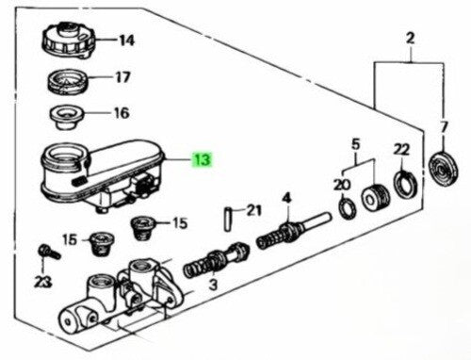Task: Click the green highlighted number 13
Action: coord(203,159)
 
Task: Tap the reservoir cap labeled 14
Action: coord(68,40)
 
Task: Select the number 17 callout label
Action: coord(122,77)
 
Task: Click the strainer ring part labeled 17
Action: coord(68,81)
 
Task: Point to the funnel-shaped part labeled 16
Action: coord(68,118)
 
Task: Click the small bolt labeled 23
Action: coord(49,252)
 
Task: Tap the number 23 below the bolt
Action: coord(42,282)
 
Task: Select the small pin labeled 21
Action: coord(228,219)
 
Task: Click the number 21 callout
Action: coord(253,210)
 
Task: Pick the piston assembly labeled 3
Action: coord(217,260)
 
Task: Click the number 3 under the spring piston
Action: coord(213,285)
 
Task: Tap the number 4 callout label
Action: coord(286,199)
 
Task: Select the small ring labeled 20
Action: coord(348,207)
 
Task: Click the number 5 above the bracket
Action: coord(355,144)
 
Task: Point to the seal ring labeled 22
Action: coord(406,185)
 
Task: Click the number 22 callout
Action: coord(401,150)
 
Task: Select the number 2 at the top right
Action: coord(411,39)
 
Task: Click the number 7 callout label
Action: coord(444,128)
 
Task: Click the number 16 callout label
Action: coord(122,113)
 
